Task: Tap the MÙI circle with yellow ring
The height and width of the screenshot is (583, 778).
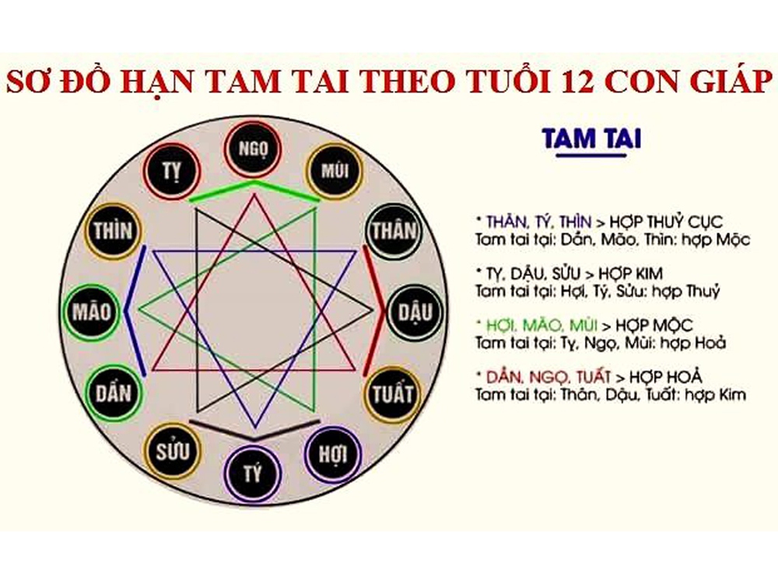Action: (x=335, y=171)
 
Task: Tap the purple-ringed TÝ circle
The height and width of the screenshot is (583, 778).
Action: (x=253, y=473)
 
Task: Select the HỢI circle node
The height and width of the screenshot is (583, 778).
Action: (x=333, y=453)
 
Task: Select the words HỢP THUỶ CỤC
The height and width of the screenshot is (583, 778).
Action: (x=667, y=222)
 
